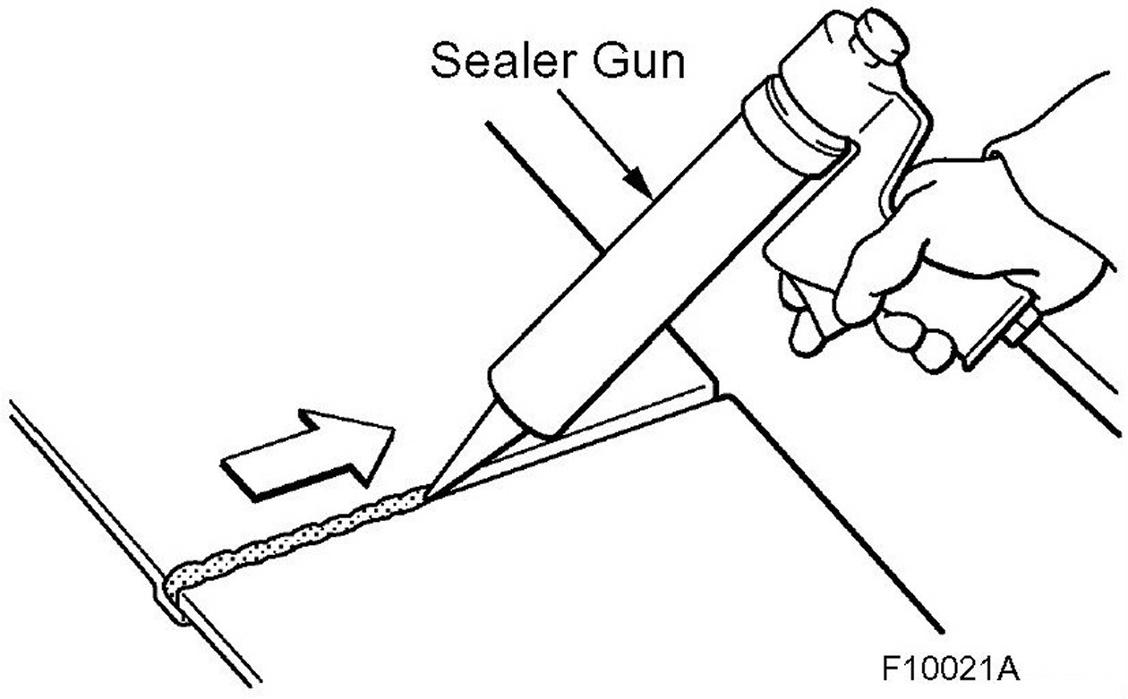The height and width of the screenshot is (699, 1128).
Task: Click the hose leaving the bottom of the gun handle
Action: point(1074,376)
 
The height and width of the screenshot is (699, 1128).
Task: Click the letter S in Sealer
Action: point(445,63)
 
